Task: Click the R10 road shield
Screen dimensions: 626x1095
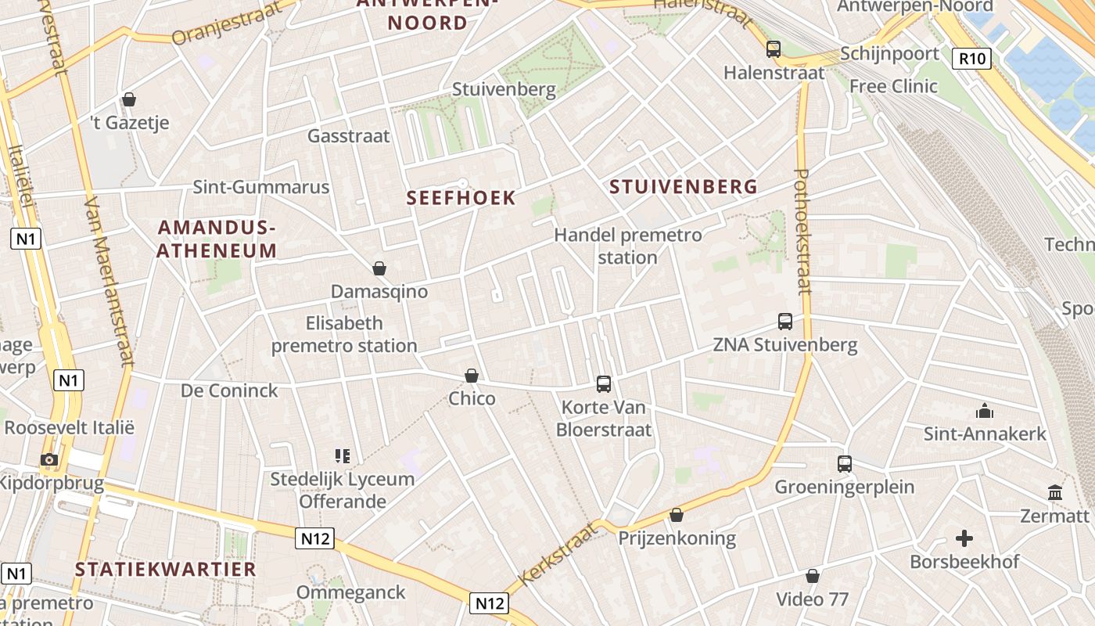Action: tap(971, 58)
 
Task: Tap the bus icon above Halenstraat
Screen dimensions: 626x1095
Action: tap(774, 49)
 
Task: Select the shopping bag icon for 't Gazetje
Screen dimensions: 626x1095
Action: tap(129, 99)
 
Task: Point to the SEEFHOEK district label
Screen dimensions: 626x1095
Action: tap(461, 198)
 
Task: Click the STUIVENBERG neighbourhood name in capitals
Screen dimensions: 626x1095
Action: tap(683, 186)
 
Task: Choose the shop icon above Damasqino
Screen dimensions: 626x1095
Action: tap(379, 268)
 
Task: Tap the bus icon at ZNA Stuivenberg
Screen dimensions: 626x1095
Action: tap(785, 321)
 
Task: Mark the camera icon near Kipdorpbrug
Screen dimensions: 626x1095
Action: tap(49, 459)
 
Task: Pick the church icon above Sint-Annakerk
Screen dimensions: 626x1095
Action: tap(984, 411)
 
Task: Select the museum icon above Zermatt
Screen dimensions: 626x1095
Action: tap(1055, 493)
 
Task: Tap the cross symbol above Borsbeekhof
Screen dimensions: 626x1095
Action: tap(964, 538)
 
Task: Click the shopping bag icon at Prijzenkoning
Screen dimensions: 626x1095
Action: tap(677, 515)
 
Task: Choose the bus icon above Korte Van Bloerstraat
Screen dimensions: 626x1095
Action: tap(604, 383)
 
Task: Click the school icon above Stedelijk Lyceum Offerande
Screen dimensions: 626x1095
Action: tap(342, 455)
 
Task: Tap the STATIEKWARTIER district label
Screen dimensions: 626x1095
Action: tap(166, 569)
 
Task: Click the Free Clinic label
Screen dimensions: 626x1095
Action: tap(893, 86)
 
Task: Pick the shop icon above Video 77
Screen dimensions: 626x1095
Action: tap(813, 576)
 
